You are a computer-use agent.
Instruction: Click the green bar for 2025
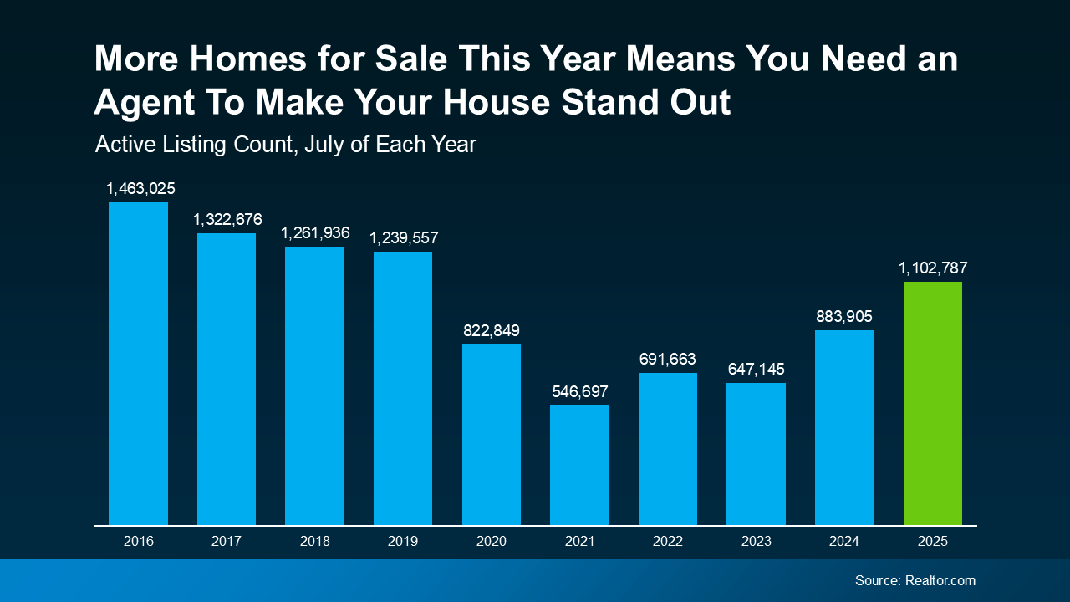(932, 403)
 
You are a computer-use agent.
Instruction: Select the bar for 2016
(138, 363)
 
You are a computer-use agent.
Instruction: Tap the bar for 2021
(579, 465)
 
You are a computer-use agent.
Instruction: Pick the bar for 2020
(492, 434)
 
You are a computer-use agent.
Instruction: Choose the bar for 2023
(756, 454)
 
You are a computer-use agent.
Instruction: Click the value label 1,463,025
(140, 188)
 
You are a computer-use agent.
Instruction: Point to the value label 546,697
(579, 391)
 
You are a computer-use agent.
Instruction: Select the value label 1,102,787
(933, 268)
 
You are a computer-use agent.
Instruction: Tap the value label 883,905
(843, 317)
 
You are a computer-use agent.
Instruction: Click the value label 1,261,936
(315, 232)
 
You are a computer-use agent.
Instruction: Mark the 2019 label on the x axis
(403, 541)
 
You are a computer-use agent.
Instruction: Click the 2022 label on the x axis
(668, 541)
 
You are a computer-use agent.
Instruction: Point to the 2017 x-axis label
(227, 541)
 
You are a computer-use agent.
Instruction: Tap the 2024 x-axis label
(844, 541)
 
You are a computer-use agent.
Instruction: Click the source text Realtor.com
(940, 580)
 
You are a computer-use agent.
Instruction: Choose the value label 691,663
(667, 360)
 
